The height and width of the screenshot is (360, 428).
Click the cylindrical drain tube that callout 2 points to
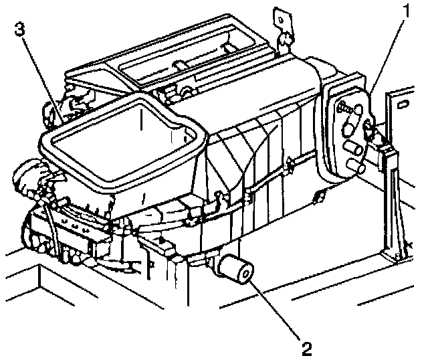pyautogui.click(x=234, y=269)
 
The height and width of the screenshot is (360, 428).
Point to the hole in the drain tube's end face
pyautogui.click(x=243, y=272)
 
